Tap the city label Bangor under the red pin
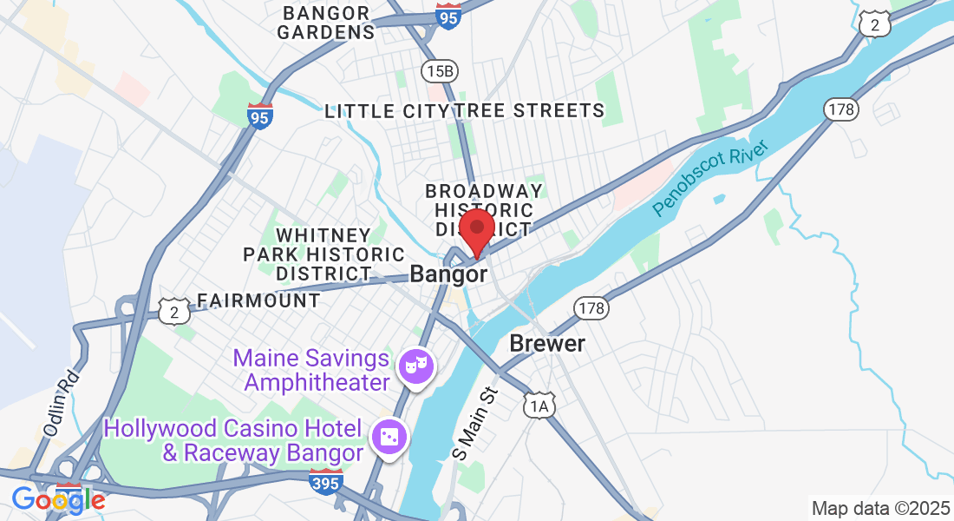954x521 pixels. coord(448,274)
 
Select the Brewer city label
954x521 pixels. coord(547,343)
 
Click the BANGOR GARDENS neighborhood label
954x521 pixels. coord(327,23)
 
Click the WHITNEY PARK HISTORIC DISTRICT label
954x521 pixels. coord(323,254)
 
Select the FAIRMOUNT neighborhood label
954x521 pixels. coord(258,301)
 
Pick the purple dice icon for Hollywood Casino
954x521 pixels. coord(388,437)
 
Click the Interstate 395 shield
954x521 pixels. coord(325,480)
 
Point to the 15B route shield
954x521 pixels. coord(438,70)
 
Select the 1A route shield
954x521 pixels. coord(539,406)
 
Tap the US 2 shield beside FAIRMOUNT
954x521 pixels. coord(174,312)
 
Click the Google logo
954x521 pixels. coord(57,499)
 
